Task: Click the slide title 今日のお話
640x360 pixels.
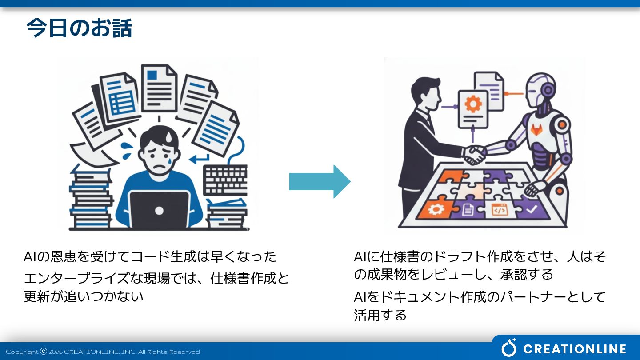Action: [79, 28]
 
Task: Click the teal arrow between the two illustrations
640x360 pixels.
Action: [320, 181]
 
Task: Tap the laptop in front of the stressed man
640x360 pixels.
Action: [159, 209]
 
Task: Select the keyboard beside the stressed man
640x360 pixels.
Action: [224, 180]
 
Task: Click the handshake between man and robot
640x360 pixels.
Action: [475, 154]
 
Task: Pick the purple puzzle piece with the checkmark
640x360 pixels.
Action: [530, 208]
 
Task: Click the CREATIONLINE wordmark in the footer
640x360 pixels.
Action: [575, 349]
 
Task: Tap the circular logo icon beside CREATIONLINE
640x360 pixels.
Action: [509, 348]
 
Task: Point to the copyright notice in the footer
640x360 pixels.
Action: [103, 352]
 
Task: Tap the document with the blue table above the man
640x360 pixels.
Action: [120, 97]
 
